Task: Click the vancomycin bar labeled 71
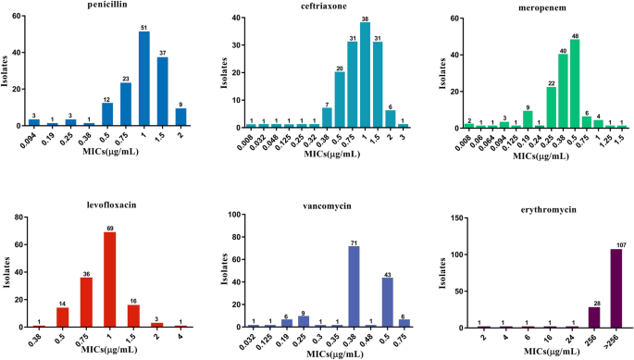click(352, 287)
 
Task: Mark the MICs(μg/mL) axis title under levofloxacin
click(105, 354)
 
